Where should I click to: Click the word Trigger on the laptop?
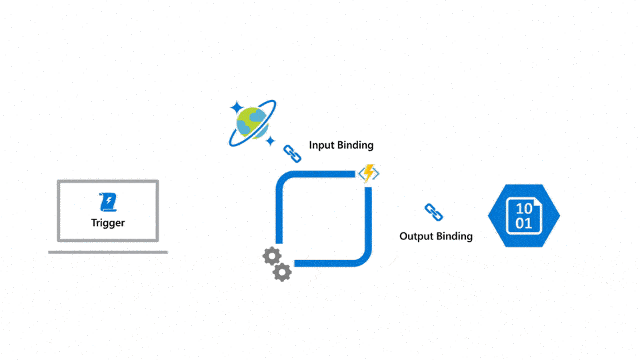(108, 223)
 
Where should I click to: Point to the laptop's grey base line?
(108, 252)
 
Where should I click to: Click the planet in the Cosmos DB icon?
(252, 123)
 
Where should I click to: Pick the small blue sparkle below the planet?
(270, 141)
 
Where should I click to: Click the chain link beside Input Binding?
(293, 153)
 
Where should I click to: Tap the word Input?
(322, 145)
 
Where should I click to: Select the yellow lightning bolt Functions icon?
(369, 173)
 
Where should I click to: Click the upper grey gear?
(271, 256)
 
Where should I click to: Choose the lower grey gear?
(283, 271)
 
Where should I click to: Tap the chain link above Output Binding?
(434, 213)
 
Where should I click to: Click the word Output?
(417, 236)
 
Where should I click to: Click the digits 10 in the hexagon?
(524, 209)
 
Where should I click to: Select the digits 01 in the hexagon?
(524, 223)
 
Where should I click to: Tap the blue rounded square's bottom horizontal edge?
(327, 263)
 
